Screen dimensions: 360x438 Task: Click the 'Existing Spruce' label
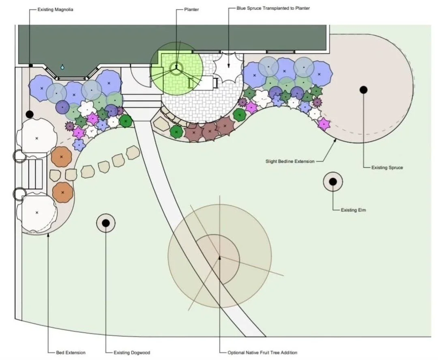point(387,167)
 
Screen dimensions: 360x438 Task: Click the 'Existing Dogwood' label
point(132,353)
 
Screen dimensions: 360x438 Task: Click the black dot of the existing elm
point(333,182)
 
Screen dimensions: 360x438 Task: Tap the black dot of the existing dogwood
point(105,222)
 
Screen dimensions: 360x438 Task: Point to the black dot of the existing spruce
point(363,90)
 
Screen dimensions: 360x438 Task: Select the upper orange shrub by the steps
point(61,156)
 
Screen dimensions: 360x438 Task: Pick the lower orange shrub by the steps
point(62,192)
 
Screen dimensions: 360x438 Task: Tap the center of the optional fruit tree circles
point(220,257)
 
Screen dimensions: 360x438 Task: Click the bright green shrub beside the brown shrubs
point(176,131)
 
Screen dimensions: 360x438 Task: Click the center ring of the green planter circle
point(176,67)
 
